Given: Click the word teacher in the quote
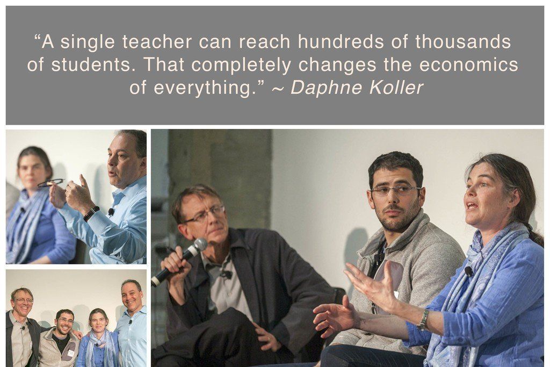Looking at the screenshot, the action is tap(157, 42).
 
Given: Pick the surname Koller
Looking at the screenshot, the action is tap(396, 88).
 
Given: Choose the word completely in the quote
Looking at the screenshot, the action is tap(241, 65).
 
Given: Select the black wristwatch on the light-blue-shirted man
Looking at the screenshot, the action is tap(91, 214).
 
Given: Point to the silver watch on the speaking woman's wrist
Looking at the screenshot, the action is tap(423, 320).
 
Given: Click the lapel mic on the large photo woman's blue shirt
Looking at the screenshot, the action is tap(468, 271).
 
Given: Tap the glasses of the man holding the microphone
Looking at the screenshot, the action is tap(205, 214).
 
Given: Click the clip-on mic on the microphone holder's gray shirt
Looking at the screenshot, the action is tap(227, 274).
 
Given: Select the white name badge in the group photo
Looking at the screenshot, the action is tap(71, 352).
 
